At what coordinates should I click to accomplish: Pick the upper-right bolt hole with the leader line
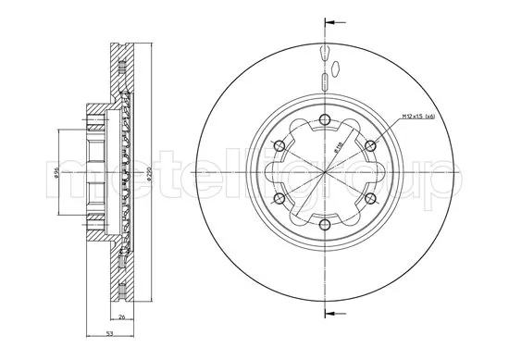(370, 144)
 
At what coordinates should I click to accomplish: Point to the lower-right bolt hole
(370, 198)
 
